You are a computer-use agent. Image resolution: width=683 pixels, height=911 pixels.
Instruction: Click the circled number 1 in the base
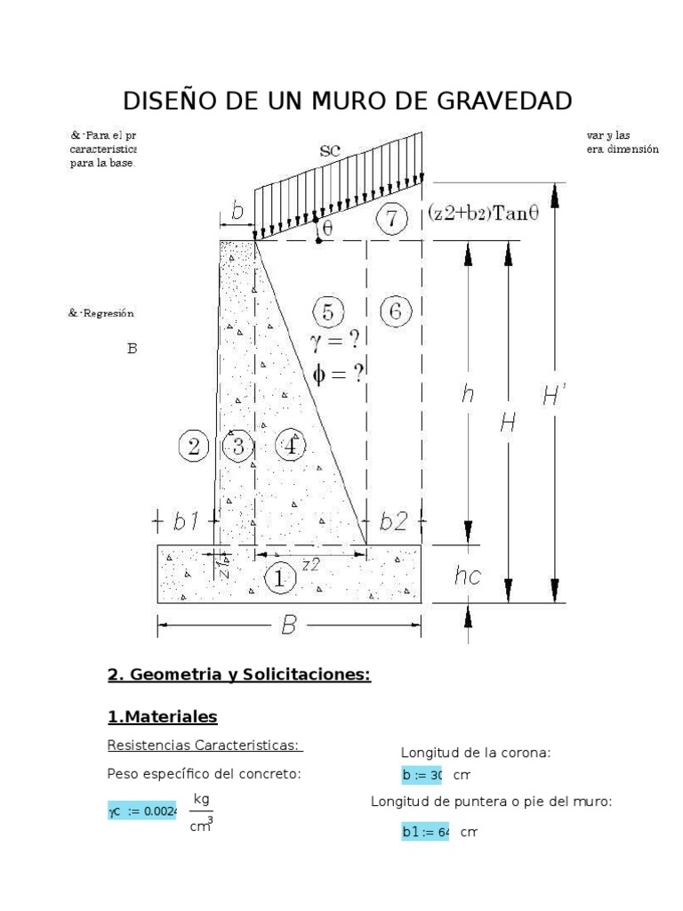pos(280,579)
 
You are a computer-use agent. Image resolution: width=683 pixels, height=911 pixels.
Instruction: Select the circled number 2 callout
pos(193,444)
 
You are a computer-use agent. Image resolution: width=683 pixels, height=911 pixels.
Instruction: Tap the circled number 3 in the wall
pos(237,445)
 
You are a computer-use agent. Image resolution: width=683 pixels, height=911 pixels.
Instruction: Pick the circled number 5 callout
pos(328,312)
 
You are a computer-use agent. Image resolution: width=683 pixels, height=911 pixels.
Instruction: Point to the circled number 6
pos(395,311)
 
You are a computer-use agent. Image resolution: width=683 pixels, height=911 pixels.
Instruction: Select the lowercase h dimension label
pos(467,395)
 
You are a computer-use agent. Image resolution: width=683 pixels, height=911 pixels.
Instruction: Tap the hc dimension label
pos(467,576)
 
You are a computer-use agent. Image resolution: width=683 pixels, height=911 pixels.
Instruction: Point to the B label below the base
pos(288,627)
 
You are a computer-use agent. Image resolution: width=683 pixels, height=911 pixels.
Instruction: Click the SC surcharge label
pos(331,151)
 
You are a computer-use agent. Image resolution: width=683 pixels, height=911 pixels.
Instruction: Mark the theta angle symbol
pos(326,228)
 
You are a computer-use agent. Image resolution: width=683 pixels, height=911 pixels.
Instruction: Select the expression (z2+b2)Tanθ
pos(483,213)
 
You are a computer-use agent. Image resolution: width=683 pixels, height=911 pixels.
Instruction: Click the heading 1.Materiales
pos(162,716)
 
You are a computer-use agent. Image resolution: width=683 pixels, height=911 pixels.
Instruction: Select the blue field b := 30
pos(422,775)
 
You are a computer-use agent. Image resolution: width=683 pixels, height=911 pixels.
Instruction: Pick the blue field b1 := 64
pos(425,833)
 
